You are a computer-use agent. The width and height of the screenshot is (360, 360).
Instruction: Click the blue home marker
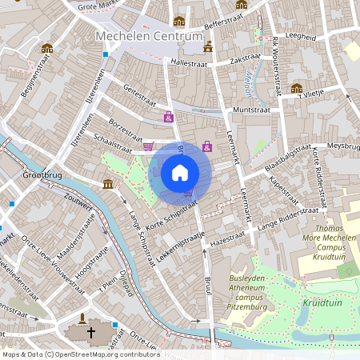(180, 172)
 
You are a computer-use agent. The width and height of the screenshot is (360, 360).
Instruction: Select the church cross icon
(90, 332)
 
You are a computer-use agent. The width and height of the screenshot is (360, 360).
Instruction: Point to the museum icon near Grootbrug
(108, 185)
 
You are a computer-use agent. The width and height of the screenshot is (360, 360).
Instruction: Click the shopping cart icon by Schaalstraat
(148, 146)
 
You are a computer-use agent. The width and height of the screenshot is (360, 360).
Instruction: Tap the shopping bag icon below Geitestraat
(169, 118)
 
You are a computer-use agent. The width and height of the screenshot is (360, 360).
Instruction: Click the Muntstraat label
(248, 108)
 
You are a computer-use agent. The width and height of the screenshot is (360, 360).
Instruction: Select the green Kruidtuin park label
(322, 303)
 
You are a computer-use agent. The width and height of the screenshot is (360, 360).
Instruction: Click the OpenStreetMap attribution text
(81, 354)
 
